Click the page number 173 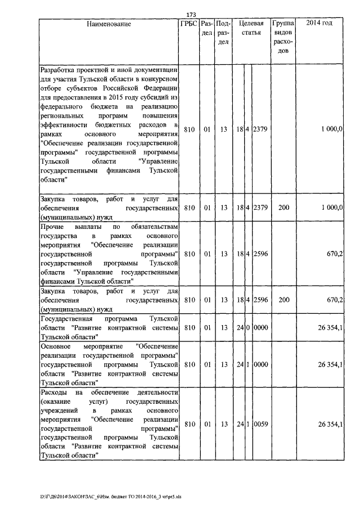click(x=190, y=14)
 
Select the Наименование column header click(x=109, y=24)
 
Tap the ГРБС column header click(x=189, y=24)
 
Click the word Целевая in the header click(x=251, y=24)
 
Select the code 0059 click(x=261, y=424)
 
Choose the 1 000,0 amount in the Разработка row click(x=332, y=129)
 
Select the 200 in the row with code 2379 click(x=284, y=208)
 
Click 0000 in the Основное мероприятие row click(x=261, y=364)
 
